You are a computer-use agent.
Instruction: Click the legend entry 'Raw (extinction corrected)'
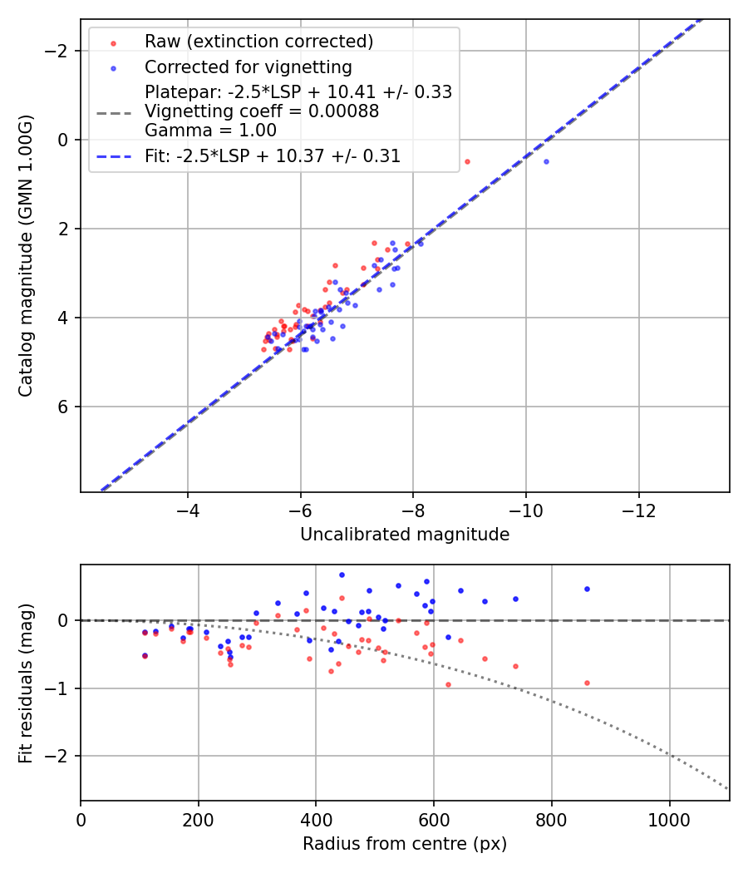(258, 42)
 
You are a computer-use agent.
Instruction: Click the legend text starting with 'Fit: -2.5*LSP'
(273, 156)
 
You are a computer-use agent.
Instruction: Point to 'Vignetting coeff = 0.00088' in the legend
(262, 111)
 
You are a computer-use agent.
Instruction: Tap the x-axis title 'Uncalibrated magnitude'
(405, 535)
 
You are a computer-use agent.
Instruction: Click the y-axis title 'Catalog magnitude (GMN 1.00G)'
(27, 256)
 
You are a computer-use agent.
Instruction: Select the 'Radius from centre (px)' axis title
(405, 844)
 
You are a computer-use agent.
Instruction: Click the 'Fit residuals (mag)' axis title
(27, 683)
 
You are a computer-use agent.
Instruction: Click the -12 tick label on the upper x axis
(638, 509)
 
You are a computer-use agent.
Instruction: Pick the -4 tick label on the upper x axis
(188, 509)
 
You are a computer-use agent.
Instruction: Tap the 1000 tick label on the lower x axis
(669, 818)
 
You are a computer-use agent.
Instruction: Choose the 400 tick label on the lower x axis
(316, 818)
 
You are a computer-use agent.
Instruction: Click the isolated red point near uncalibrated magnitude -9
(467, 161)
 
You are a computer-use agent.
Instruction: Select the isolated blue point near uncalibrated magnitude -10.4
(546, 161)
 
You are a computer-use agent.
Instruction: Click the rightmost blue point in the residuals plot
(587, 589)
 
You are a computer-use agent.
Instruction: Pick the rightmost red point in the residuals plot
(587, 683)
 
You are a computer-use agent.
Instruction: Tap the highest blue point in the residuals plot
(342, 575)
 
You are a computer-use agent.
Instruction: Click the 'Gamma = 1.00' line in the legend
(210, 131)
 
